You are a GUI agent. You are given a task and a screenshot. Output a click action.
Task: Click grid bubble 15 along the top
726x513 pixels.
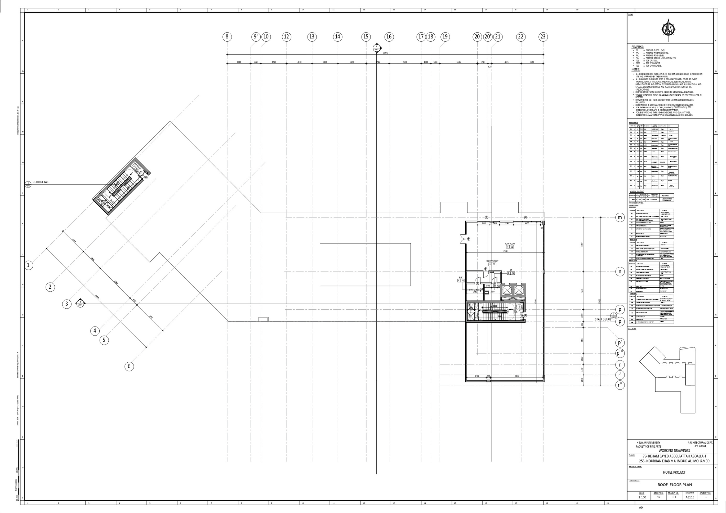(366, 37)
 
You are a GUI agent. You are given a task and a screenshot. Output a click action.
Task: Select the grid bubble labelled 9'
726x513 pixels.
(256, 37)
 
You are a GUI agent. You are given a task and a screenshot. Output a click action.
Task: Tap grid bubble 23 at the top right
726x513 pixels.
(543, 37)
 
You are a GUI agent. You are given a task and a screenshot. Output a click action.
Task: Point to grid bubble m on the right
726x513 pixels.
(620, 218)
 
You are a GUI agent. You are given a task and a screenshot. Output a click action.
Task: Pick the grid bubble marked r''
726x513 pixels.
(620, 385)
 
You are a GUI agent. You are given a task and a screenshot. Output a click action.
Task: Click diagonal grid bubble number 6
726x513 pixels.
(129, 366)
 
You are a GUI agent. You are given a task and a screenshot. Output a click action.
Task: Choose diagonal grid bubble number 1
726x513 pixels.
(28, 265)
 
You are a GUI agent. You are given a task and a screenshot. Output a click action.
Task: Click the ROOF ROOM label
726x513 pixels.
(510, 244)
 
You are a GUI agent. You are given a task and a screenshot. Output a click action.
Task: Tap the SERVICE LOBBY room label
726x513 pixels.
(492, 261)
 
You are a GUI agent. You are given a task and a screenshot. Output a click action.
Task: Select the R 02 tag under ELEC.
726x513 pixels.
(461, 281)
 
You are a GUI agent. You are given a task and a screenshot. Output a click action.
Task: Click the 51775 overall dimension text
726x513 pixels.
(385, 53)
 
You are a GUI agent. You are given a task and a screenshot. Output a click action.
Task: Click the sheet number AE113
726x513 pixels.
(690, 497)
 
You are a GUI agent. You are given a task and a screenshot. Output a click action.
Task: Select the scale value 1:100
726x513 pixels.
(642, 497)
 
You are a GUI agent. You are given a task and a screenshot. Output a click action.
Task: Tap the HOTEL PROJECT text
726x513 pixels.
(674, 472)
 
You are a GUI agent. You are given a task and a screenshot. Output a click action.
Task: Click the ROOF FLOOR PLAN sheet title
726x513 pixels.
(675, 485)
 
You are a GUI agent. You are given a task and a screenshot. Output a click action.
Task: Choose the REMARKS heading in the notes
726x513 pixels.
(637, 47)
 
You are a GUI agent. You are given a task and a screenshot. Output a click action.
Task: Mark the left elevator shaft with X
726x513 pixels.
(506, 291)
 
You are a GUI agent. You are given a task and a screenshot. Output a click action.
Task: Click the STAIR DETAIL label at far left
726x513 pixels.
(41, 182)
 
